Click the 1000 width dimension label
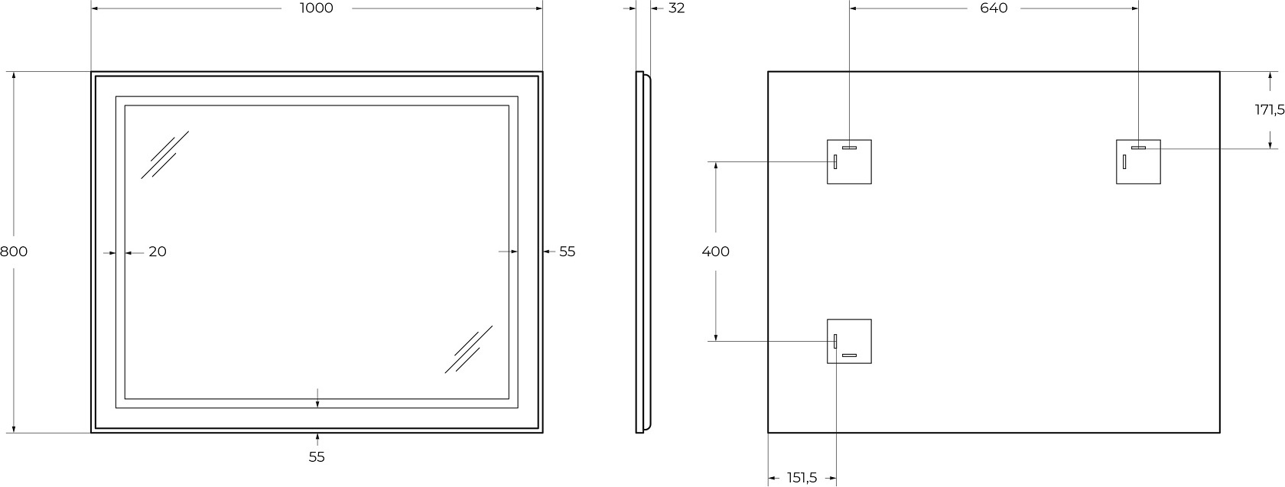[x=316, y=8]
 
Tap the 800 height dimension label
[x=14, y=252]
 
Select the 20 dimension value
[x=158, y=252]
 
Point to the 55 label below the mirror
[x=317, y=456]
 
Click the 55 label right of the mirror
[x=567, y=252]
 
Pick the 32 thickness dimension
[x=676, y=8]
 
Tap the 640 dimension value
[x=994, y=8]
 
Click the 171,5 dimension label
[x=1270, y=109]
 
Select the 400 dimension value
[x=715, y=252]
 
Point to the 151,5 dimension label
[x=802, y=477]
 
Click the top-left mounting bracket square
[x=849, y=162]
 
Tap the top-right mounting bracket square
[x=1138, y=162]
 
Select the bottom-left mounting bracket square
[x=849, y=341]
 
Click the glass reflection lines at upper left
[x=164, y=155]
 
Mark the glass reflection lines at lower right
[x=469, y=349]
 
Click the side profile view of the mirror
[x=643, y=252]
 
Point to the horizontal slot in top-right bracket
[x=1138, y=148]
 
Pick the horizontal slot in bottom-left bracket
[x=849, y=356]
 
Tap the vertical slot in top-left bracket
[x=835, y=162]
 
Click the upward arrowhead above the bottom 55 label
[x=317, y=437]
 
